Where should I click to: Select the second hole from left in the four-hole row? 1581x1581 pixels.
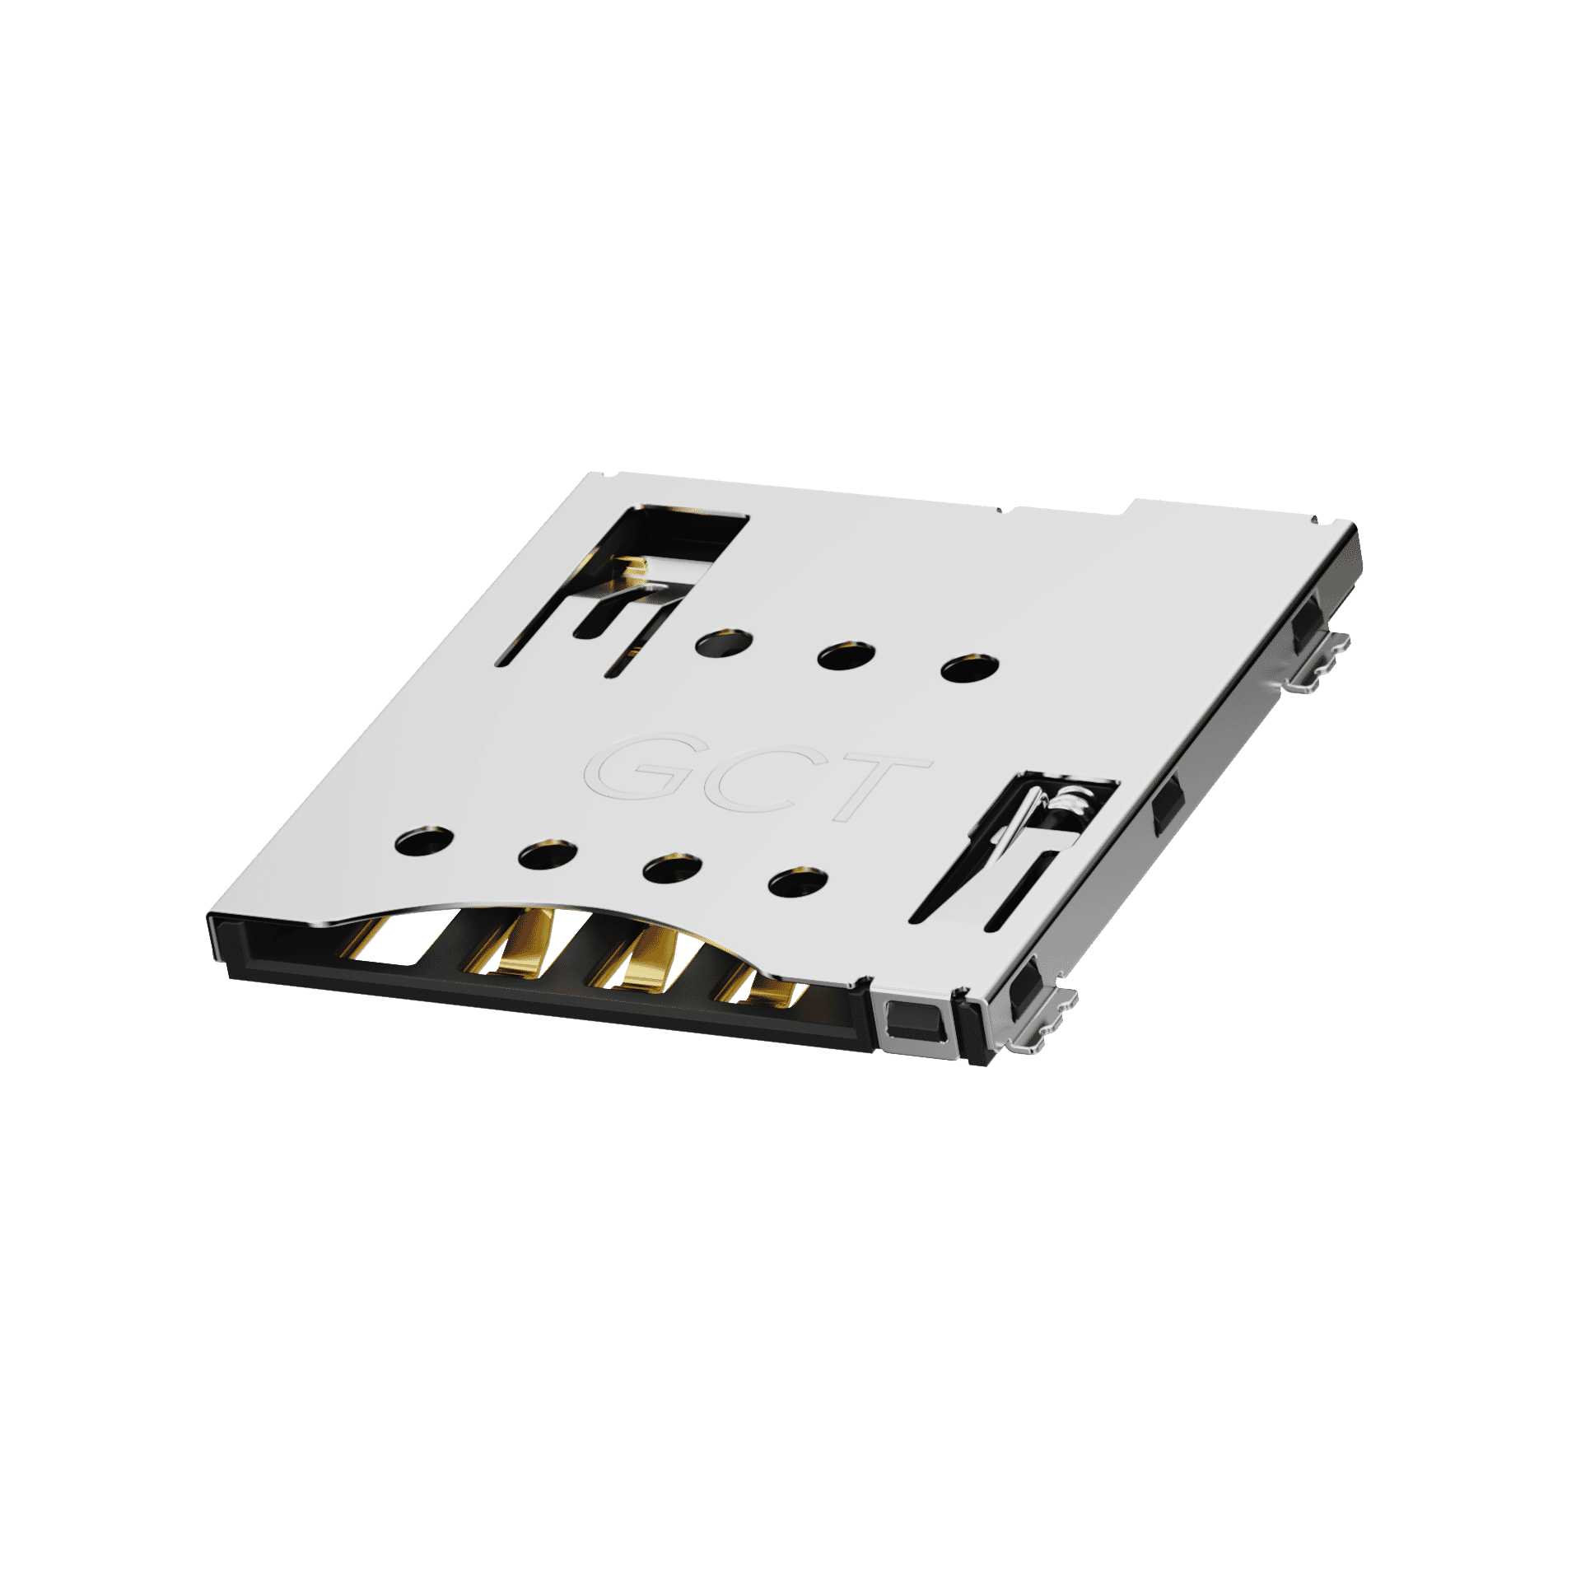click(548, 856)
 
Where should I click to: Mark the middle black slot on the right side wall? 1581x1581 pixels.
click(1166, 810)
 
